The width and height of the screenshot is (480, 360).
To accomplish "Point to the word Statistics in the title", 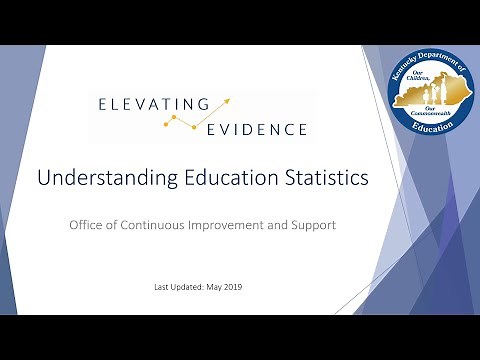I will (319, 179).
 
